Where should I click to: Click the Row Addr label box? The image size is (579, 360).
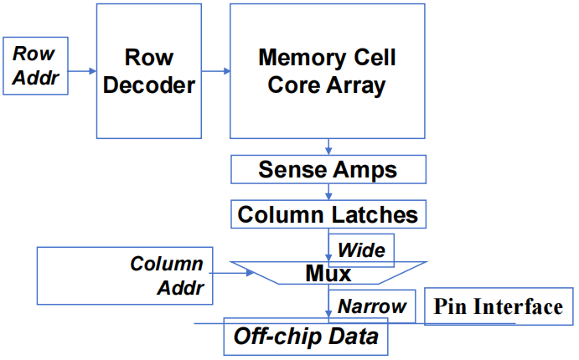tap(34, 64)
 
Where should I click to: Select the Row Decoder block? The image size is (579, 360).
tap(148, 71)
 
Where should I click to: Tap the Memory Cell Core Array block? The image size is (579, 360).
tap(327, 71)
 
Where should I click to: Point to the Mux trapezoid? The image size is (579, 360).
tap(328, 272)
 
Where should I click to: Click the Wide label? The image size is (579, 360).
tap(361, 249)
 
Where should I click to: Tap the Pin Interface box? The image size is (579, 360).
tap(499, 306)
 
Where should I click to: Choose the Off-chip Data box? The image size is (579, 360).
tap(306, 337)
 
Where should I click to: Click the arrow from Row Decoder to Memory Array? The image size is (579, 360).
tap(215, 70)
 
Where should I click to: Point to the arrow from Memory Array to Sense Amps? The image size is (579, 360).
tap(328, 147)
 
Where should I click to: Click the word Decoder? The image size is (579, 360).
tap(148, 85)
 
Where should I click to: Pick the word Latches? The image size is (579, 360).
tap(375, 214)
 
